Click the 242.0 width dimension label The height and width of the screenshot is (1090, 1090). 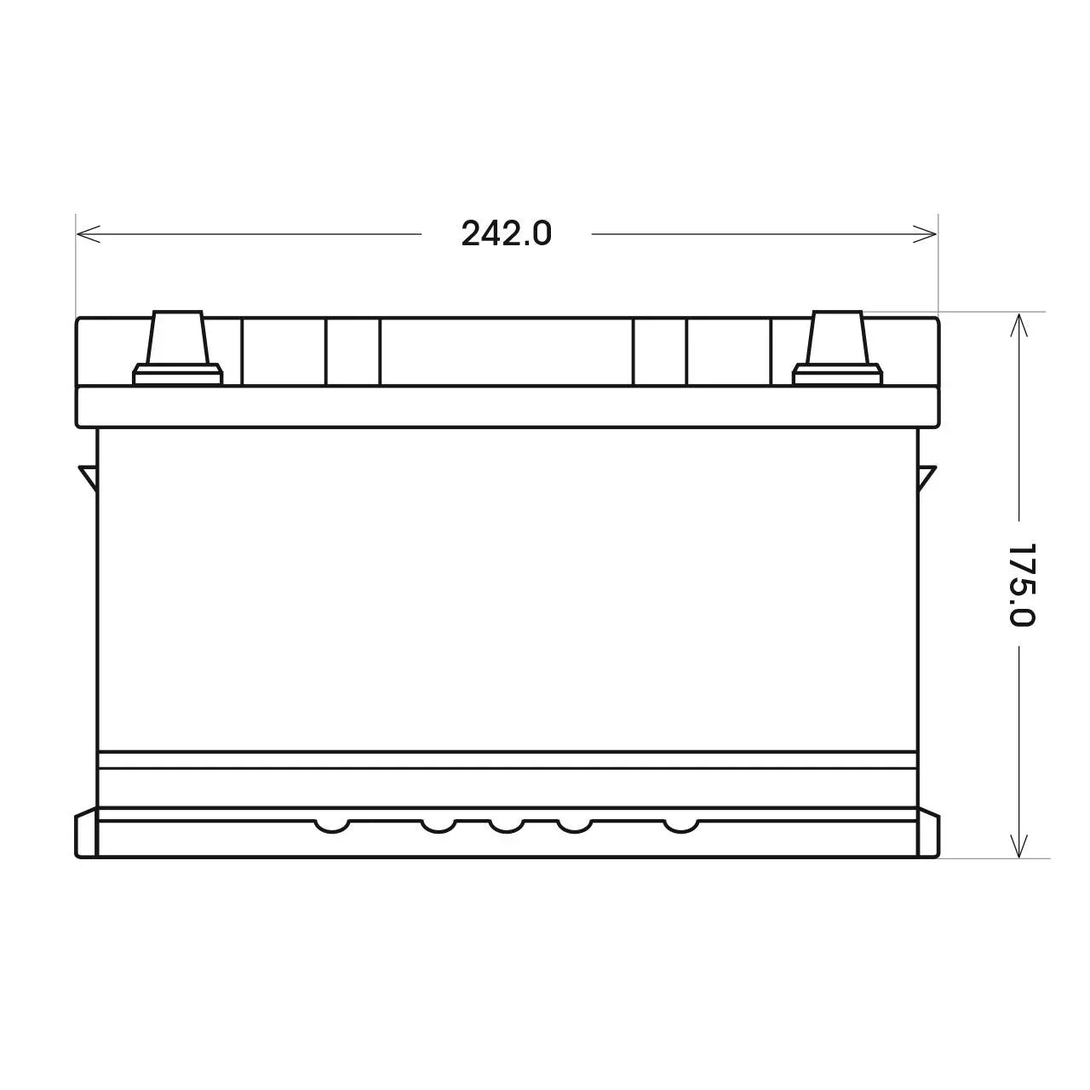click(506, 233)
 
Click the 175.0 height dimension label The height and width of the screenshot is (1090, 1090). click(1022, 585)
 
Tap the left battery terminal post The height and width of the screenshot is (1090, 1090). click(178, 337)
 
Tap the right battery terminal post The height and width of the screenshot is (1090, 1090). click(837, 337)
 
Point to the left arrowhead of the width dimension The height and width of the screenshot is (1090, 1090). click(89, 233)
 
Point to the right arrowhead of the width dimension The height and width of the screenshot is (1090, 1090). click(926, 233)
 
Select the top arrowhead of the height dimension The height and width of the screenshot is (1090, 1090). click(1018, 325)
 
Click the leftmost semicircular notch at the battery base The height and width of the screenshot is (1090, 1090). click(332, 826)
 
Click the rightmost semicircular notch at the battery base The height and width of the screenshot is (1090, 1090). click(681, 826)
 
